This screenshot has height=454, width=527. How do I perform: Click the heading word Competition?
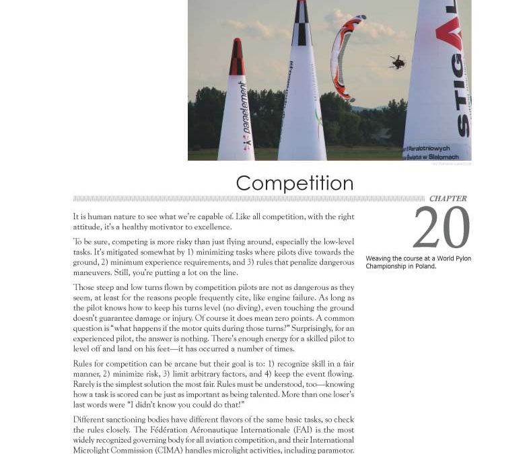tap(294, 184)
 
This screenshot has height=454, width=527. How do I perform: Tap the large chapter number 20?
tap(441, 228)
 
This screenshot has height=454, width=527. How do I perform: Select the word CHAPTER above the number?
tap(448, 198)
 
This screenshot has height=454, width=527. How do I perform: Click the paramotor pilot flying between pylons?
tap(397, 63)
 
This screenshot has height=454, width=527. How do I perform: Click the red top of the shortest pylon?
tap(236, 58)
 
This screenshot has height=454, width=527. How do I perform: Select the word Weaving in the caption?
tap(379, 258)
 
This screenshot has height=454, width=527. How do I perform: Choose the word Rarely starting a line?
tap(85, 384)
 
